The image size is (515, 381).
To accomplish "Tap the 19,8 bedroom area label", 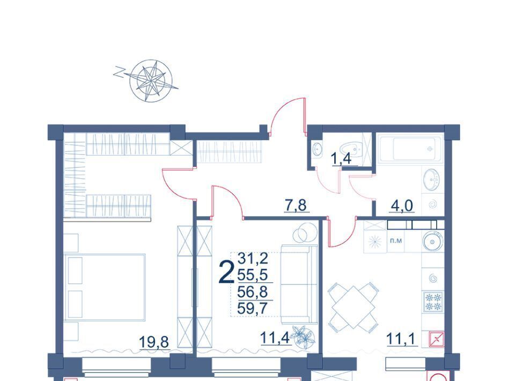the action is (x=154, y=342).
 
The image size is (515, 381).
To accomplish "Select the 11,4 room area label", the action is (x=275, y=338).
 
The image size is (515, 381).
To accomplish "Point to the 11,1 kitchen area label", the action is (x=402, y=339).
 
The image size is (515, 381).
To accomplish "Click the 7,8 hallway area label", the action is (x=296, y=205).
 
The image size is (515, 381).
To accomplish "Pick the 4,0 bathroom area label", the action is (x=402, y=206).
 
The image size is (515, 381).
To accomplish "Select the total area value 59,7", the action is (x=252, y=309).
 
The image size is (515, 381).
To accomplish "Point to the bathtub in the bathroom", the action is (x=410, y=149).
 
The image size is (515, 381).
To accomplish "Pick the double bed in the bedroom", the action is (x=105, y=287).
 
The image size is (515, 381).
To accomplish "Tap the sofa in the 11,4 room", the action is (x=299, y=284).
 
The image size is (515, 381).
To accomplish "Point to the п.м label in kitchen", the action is (x=396, y=241).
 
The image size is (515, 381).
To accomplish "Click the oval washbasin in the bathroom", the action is (x=431, y=179).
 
